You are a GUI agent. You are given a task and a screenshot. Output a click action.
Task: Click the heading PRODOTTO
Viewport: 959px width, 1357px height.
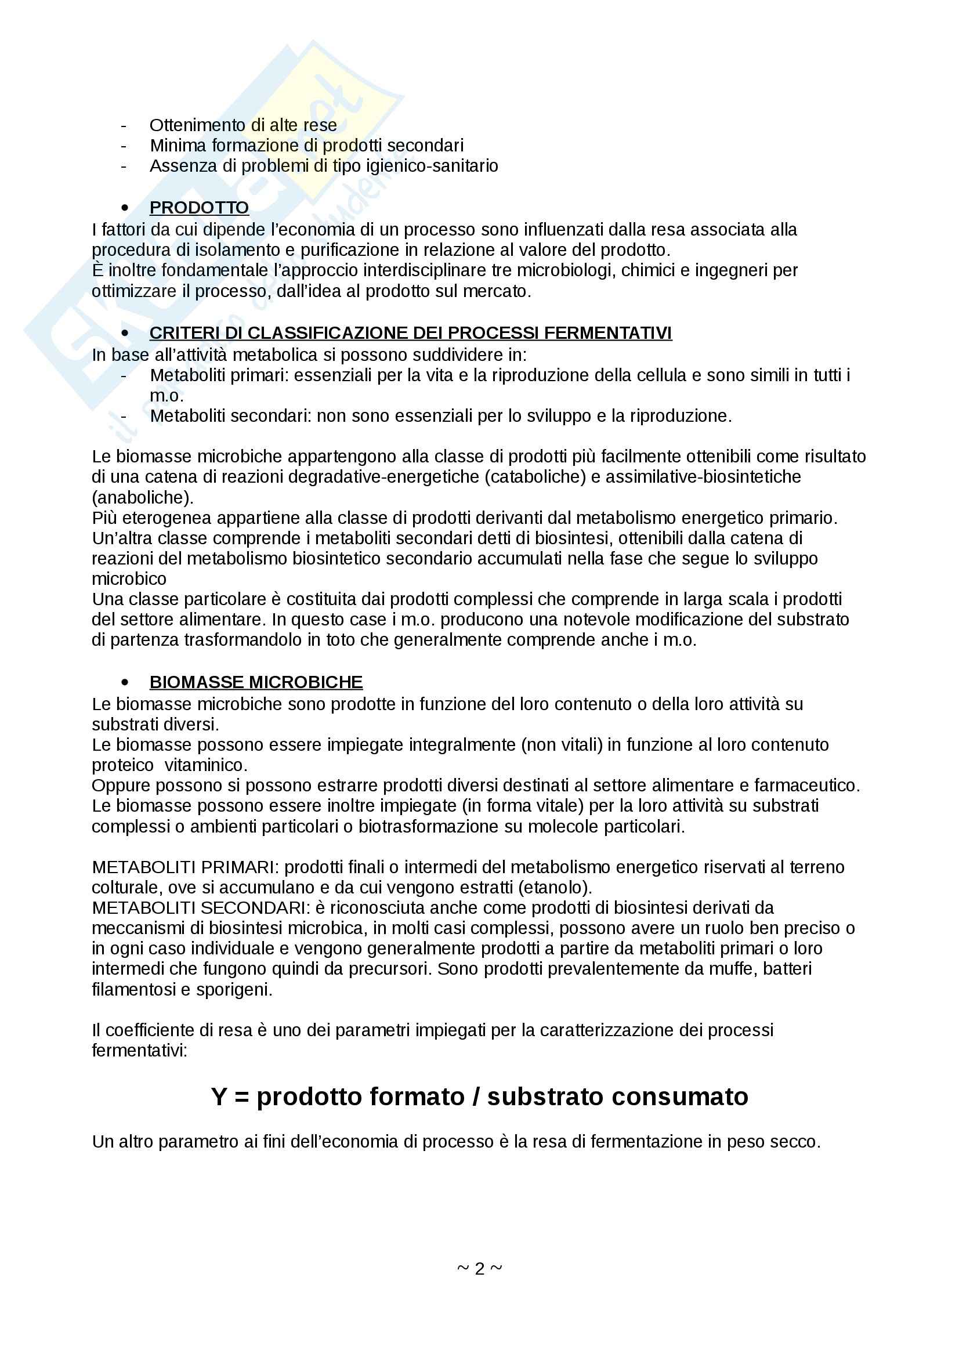pos(198,208)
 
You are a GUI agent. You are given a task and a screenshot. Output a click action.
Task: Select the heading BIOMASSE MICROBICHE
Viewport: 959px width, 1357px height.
pos(256,682)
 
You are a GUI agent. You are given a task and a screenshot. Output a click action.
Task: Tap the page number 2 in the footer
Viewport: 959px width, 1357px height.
pos(479,1268)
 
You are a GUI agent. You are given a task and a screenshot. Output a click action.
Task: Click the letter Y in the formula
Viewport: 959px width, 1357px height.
pos(219,1097)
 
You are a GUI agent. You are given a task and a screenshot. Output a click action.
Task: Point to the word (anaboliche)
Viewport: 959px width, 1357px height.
pos(142,497)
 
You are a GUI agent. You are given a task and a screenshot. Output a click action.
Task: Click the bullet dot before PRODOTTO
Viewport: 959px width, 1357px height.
pos(124,208)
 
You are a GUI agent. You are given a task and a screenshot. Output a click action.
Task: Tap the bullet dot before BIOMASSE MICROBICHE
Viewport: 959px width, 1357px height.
pos(124,682)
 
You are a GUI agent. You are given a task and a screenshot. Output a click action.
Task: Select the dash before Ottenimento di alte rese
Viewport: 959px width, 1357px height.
pos(124,126)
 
